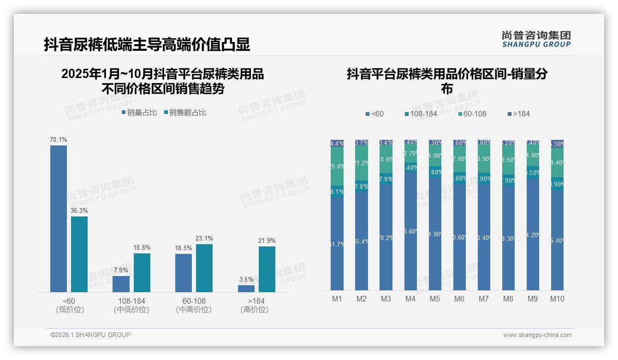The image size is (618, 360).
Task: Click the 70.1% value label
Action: point(59,139)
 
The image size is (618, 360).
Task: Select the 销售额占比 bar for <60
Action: point(79,254)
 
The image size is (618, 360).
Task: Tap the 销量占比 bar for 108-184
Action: point(121,284)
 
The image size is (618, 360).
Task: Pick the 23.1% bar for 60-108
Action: point(204,268)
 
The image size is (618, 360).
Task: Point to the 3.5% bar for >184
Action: point(246,288)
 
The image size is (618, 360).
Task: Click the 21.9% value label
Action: point(267,240)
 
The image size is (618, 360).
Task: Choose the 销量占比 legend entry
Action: point(139,113)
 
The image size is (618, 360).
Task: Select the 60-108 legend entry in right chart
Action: point(473,114)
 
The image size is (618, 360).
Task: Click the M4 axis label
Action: point(410,299)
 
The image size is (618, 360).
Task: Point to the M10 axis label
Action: point(557,299)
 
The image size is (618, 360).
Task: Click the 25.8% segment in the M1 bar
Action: point(337,166)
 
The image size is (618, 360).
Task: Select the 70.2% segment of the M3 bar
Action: point(386,238)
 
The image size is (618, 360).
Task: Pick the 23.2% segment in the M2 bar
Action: point(362,163)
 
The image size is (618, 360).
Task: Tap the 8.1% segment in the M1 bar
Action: point(337,192)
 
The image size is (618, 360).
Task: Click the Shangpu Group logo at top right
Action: point(536,39)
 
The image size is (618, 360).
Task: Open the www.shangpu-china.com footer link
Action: point(537,335)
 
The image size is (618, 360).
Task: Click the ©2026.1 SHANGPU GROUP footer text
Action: point(90,335)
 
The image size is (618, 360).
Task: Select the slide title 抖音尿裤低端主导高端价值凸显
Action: point(147,44)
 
